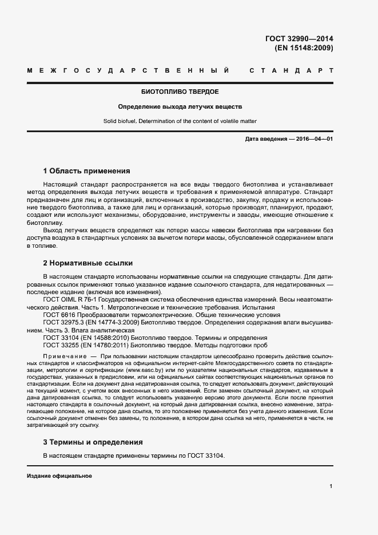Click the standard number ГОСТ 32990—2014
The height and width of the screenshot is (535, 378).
(299, 39)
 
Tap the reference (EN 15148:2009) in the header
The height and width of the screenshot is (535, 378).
(304, 48)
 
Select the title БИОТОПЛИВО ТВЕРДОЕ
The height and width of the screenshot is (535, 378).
(180, 92)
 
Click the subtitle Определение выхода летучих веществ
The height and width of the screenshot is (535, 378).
(180, 106)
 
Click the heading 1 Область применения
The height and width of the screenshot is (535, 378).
(86, 171)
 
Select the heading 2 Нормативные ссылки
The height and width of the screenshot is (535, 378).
(88, 263)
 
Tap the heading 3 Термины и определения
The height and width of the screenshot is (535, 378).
(93, 442)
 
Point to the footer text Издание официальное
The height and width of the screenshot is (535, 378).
(59, 476)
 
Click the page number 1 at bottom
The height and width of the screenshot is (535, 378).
(331, 486)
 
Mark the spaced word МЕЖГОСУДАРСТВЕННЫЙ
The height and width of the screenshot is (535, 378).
(128, 70)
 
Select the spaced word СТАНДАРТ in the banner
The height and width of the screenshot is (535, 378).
(291, 70)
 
